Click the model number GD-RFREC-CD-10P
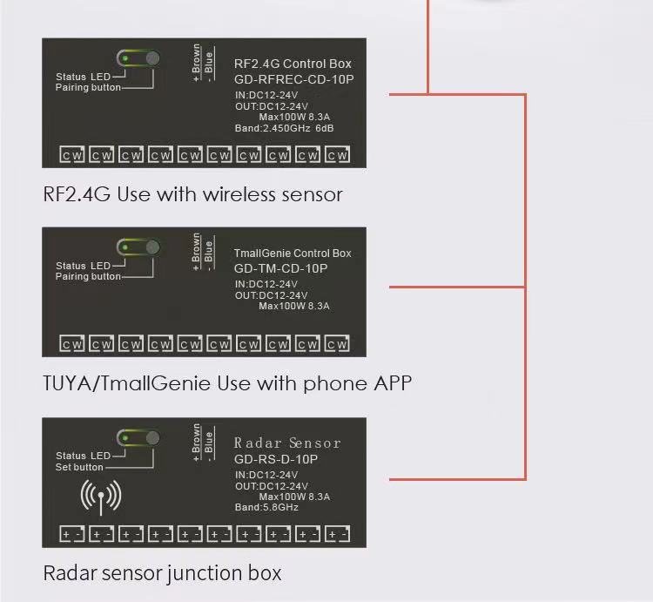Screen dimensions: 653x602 [x=293, y=79]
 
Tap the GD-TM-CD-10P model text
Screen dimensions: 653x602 [x=280, y=268]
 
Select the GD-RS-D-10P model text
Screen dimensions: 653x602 [x=276, y=459]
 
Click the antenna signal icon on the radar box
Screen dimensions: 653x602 [x=101, y=497]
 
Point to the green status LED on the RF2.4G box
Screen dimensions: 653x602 [x=125, y=58]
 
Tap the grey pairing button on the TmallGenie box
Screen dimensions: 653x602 [x=153, y=247]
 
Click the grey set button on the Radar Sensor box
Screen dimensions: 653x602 [x=153, y=438]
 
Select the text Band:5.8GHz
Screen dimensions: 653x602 [x=266, y=507]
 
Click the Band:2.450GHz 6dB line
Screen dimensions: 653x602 [x=284, y=128]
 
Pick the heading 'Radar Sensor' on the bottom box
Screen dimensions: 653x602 [x=287, y=443]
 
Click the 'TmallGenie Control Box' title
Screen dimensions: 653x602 [x=293, y=254]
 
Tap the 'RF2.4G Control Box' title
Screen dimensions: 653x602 [x=293, y=64]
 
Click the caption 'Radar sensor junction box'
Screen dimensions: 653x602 [x=163, y=573]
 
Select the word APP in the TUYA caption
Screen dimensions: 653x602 [x=393, y=382]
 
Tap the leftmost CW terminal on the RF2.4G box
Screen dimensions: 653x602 [x=72, y=154]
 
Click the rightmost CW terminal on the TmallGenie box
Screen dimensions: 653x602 [x=337, y=344]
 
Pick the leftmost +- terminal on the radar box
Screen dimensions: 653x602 [x=72, y=534]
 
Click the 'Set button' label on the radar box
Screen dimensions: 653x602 [x=79, y=467]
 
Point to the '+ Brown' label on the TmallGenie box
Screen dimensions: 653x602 [x=196, y=252]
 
